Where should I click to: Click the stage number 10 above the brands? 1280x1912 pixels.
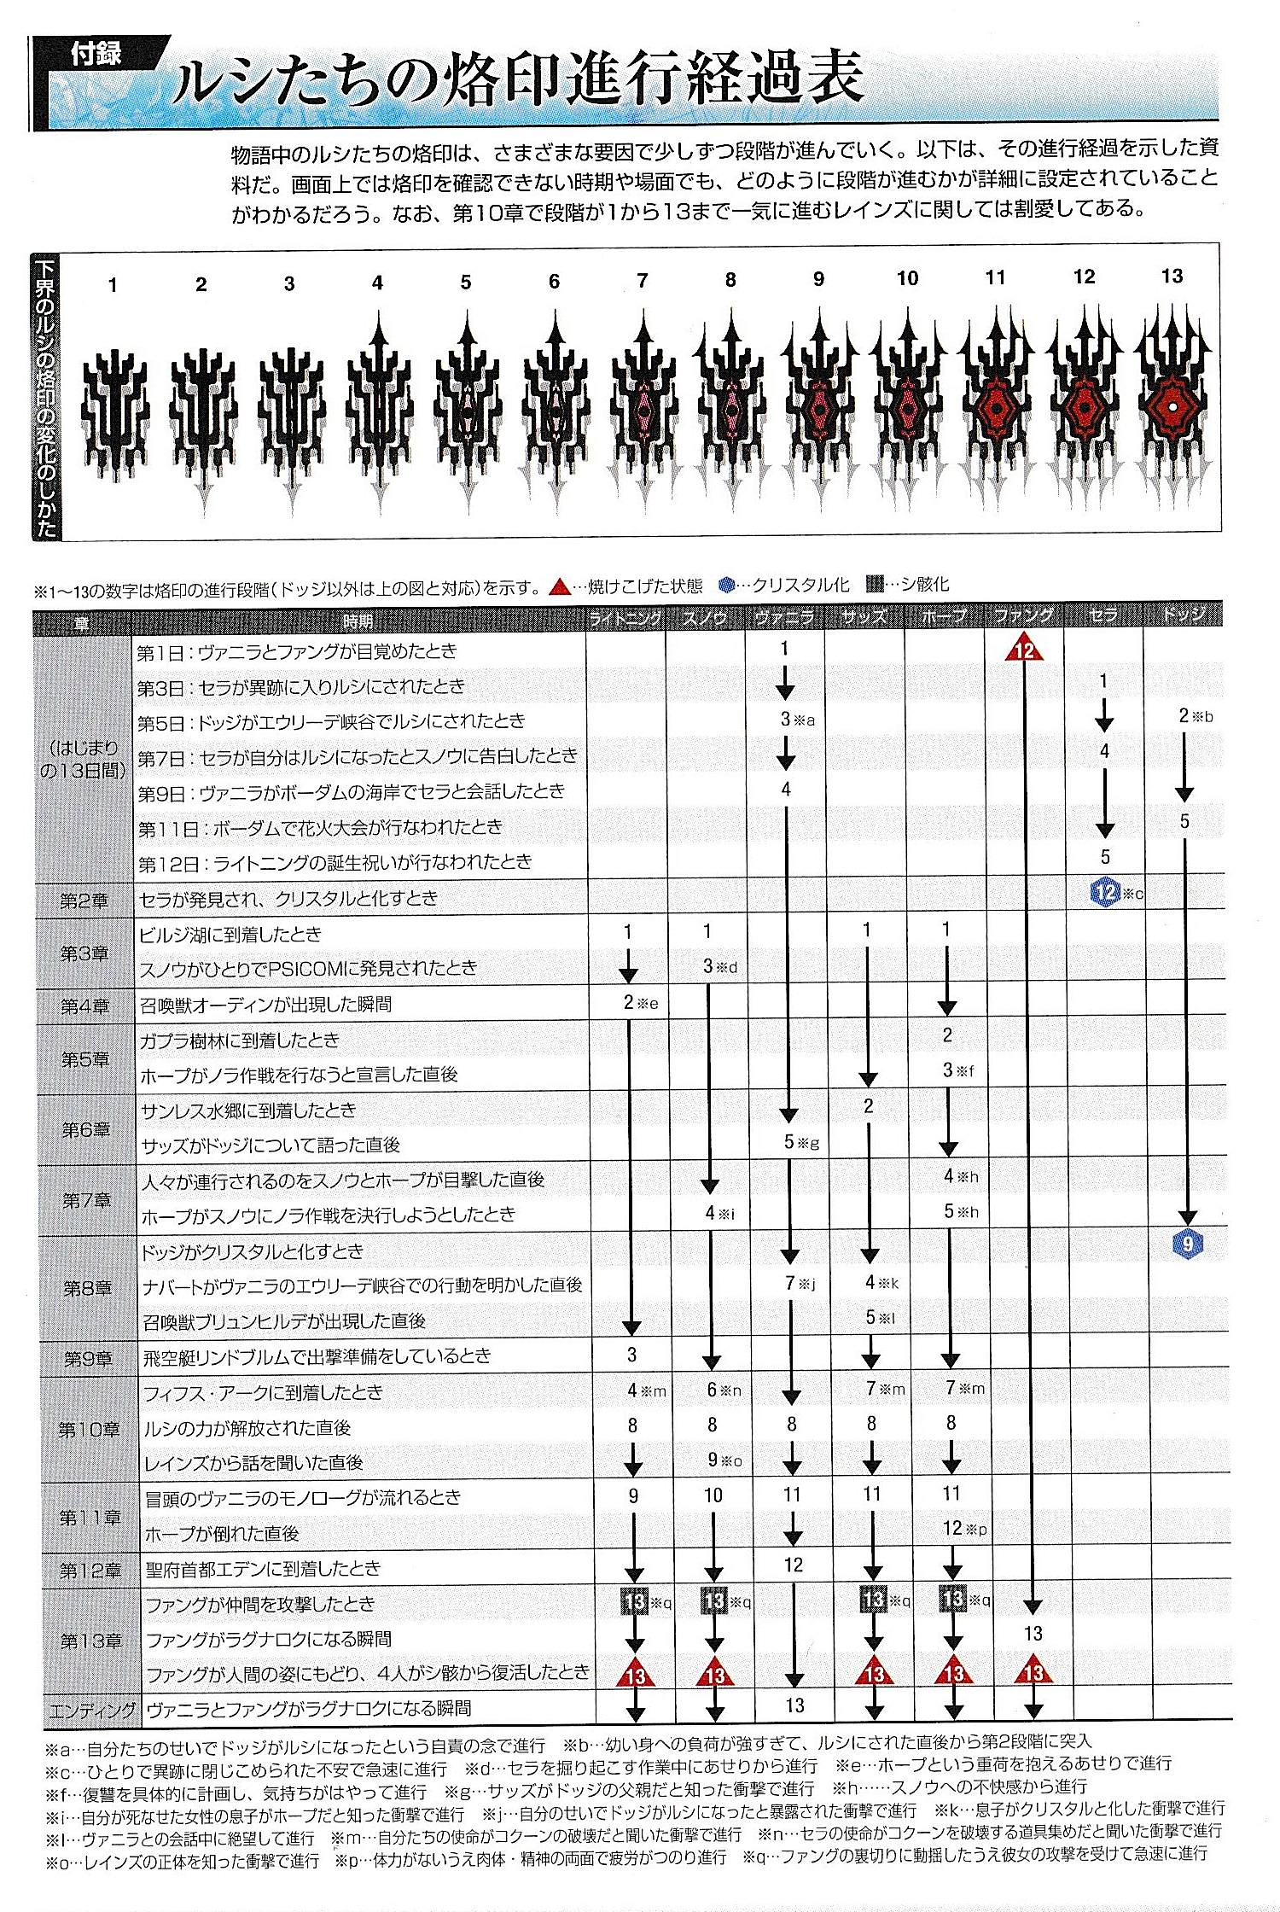(907, 278)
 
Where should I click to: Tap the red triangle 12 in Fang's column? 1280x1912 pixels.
(1025, 651)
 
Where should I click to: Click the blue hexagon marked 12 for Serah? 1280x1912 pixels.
(1105, 894)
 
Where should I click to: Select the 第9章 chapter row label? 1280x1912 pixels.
(87, 1358)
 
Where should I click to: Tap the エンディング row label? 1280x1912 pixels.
(92, 1710)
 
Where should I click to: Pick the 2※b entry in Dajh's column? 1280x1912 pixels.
(1193, 716)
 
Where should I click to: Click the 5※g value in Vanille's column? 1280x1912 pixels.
(800, 1142)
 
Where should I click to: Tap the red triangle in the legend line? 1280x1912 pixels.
(559, 586)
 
